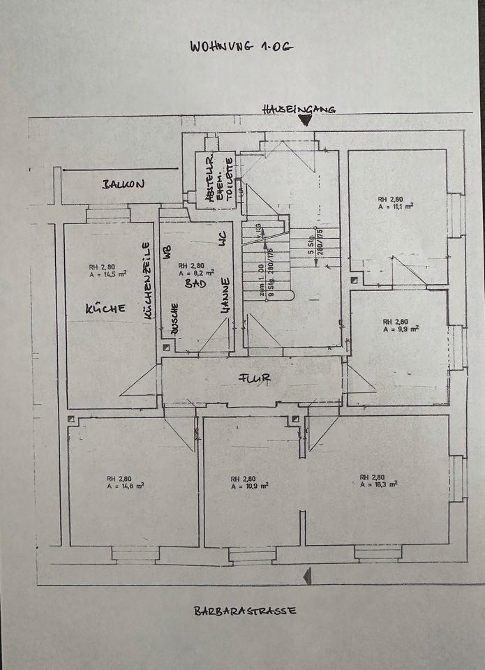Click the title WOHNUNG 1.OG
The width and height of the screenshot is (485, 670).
click(242, 46)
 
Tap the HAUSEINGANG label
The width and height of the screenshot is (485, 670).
click(299, 108)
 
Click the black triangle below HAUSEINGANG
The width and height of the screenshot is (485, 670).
click(305, 119)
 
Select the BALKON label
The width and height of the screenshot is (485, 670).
click(123, 184)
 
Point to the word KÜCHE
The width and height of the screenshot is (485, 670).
click(105, 308)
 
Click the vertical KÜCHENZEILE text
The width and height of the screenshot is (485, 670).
click(147, 281)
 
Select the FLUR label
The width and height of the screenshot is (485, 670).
click(255, 378)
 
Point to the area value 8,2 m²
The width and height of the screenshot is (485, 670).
click(194, 274)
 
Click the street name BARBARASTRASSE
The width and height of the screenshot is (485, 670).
click(245, 610)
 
